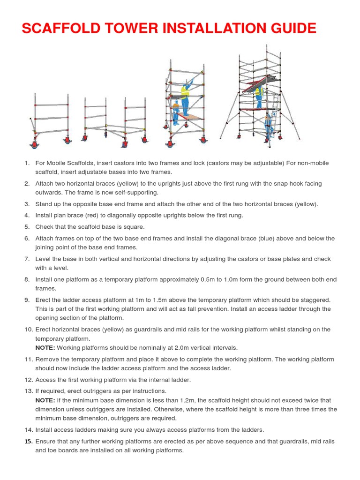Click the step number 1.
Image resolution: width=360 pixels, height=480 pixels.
27,163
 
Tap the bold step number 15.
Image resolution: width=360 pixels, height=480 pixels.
28,442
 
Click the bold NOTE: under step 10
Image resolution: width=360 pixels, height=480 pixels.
45,348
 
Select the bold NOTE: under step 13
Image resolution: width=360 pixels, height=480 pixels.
45,400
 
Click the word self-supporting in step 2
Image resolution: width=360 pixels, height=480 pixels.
136,193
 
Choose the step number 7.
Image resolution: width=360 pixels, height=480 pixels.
27,259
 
